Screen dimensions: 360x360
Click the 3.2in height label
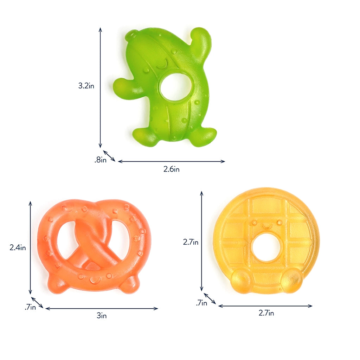coord(86,85)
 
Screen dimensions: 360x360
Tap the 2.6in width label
coord(171,169)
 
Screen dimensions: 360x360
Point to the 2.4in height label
coord(18,247)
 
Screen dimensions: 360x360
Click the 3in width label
coord(101,316)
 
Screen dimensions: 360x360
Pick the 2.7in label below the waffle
coord(266,313)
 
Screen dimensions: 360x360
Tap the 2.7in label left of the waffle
coord(191,242)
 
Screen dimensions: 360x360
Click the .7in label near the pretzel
coord(30,307)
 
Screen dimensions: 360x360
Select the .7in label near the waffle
coord(201,302)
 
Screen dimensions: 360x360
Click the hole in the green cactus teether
coord(176,86)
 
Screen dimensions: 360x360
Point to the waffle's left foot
coord(242,281)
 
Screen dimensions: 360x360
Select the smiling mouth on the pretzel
coord(94,280)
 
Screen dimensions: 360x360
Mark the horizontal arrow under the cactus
coord(171,161)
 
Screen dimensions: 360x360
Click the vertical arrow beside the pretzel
coord(31,247)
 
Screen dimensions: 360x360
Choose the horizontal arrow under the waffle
coord(265,306)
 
